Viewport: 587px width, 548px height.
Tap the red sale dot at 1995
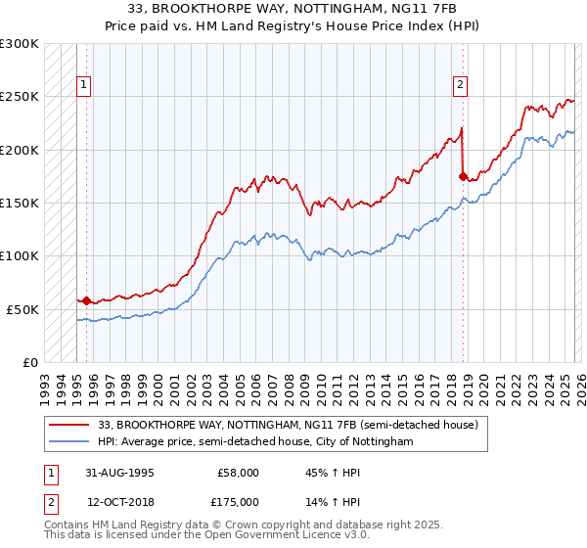click(x=86, y=300)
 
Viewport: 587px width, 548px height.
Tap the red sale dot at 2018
click(x=463, y=177)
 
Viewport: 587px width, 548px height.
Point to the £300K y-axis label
click(x=20, y=44)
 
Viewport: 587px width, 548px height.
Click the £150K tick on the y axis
click(x=20, y=203)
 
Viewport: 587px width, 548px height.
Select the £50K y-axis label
click(x=23, y=309)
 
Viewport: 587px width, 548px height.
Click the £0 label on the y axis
click(x=29, y=362)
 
